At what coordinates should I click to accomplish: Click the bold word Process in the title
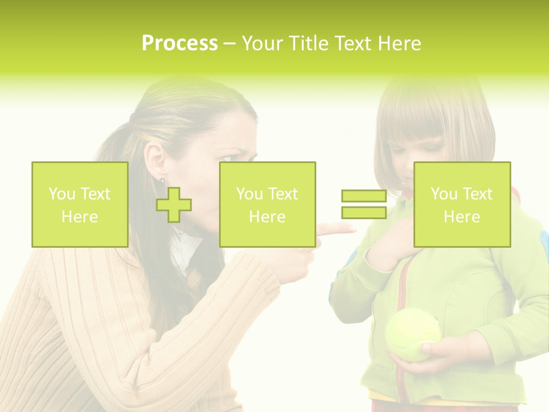[180, 43]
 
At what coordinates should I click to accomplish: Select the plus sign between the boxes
[174, 205]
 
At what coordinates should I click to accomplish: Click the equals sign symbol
[364, 204]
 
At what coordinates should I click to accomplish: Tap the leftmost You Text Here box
[80, 205]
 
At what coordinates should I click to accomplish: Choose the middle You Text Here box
[268, 205]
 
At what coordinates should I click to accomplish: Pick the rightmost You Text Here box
[462, 205]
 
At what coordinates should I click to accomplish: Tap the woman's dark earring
[162, 181]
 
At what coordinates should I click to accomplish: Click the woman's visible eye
[228, 156]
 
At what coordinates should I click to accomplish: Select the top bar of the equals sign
[364, 196]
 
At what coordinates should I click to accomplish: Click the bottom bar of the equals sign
[364, 213]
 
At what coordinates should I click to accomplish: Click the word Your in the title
[261, 43]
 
